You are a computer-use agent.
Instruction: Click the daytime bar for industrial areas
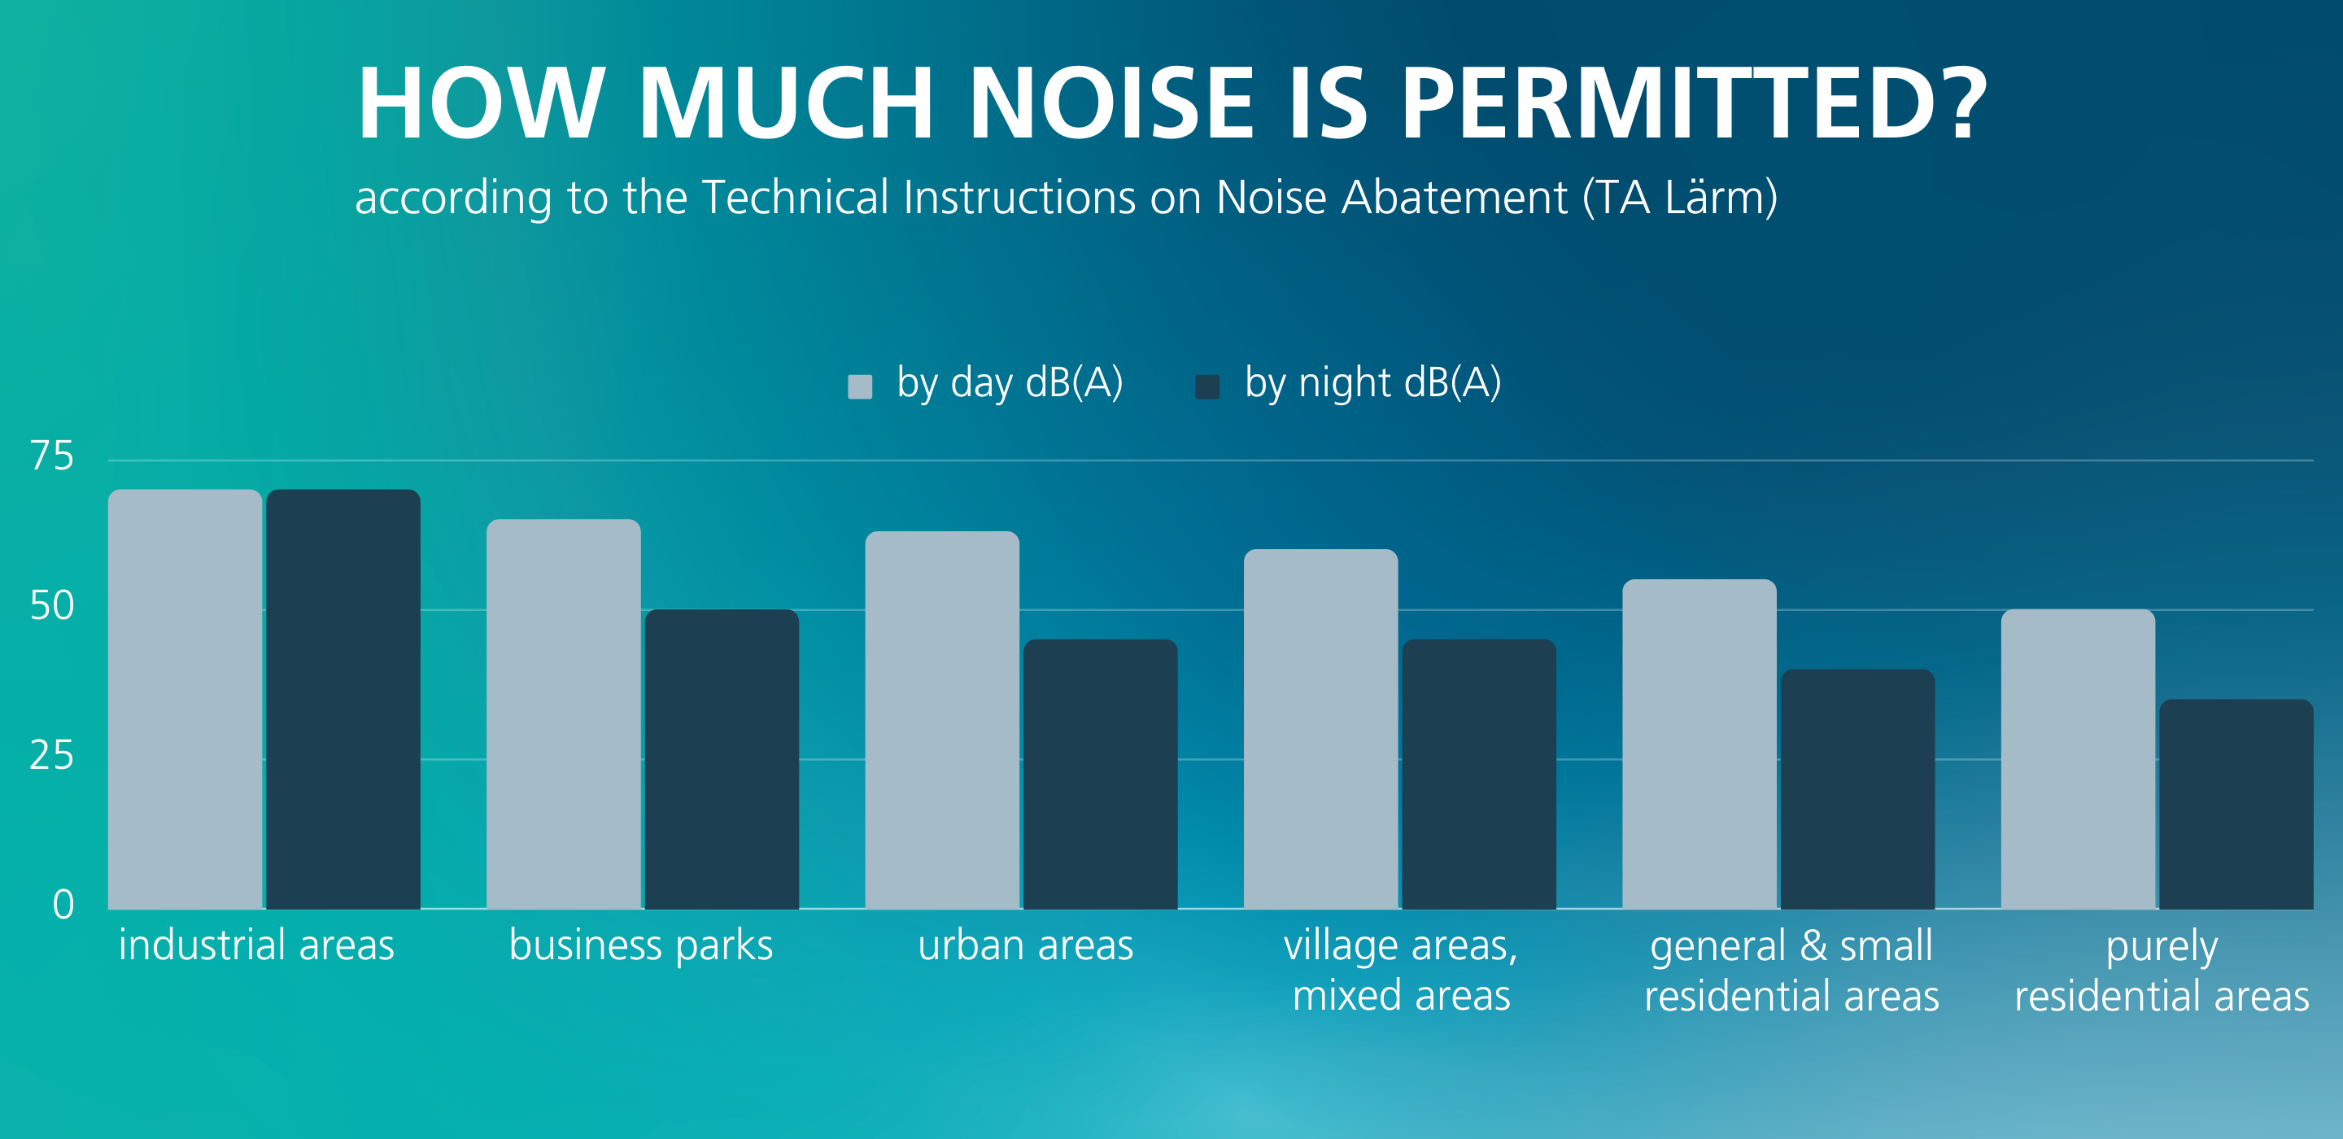tap(185, 699)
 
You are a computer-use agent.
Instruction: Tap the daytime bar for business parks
tap(564, 714)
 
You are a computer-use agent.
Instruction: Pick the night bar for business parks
tap(722, 759)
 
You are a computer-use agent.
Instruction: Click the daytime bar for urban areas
tap(942, 720)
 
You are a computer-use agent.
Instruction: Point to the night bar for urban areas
tap(1101, 775)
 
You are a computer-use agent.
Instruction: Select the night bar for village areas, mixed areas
tap(1479, 775)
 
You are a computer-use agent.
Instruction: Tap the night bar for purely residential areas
tap(2236, 804)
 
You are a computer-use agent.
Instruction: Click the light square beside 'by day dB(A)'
tap(860, 386)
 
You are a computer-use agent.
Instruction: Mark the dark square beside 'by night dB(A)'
tap(1207, 386)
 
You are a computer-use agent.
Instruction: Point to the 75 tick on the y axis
tap(52, 456)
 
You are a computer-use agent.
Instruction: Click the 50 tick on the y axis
tap(52, 606)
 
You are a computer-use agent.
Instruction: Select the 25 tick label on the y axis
tap(52, 755)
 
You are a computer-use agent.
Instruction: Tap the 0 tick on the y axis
tap(63, 905)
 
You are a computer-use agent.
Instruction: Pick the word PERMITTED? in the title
tap(1694, 103)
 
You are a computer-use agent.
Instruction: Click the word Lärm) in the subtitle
tap(1721, 198)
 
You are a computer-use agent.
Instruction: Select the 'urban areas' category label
tap(1025, 945)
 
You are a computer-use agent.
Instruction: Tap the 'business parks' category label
tap(641, 946)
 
